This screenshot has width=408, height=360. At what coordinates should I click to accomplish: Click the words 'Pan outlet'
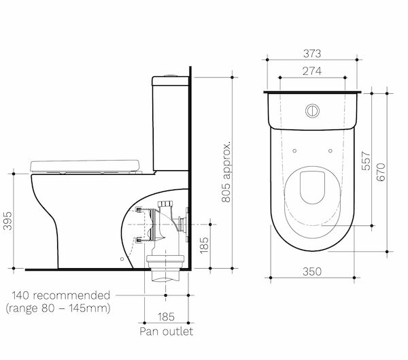[166, 331]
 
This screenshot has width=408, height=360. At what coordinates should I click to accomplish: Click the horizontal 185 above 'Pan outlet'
[167, 317]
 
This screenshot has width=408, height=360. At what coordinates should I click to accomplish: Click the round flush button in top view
[313, 109]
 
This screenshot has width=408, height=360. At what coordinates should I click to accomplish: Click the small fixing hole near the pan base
[121, 259]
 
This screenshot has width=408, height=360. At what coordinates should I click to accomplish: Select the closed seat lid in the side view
[85, 164]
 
